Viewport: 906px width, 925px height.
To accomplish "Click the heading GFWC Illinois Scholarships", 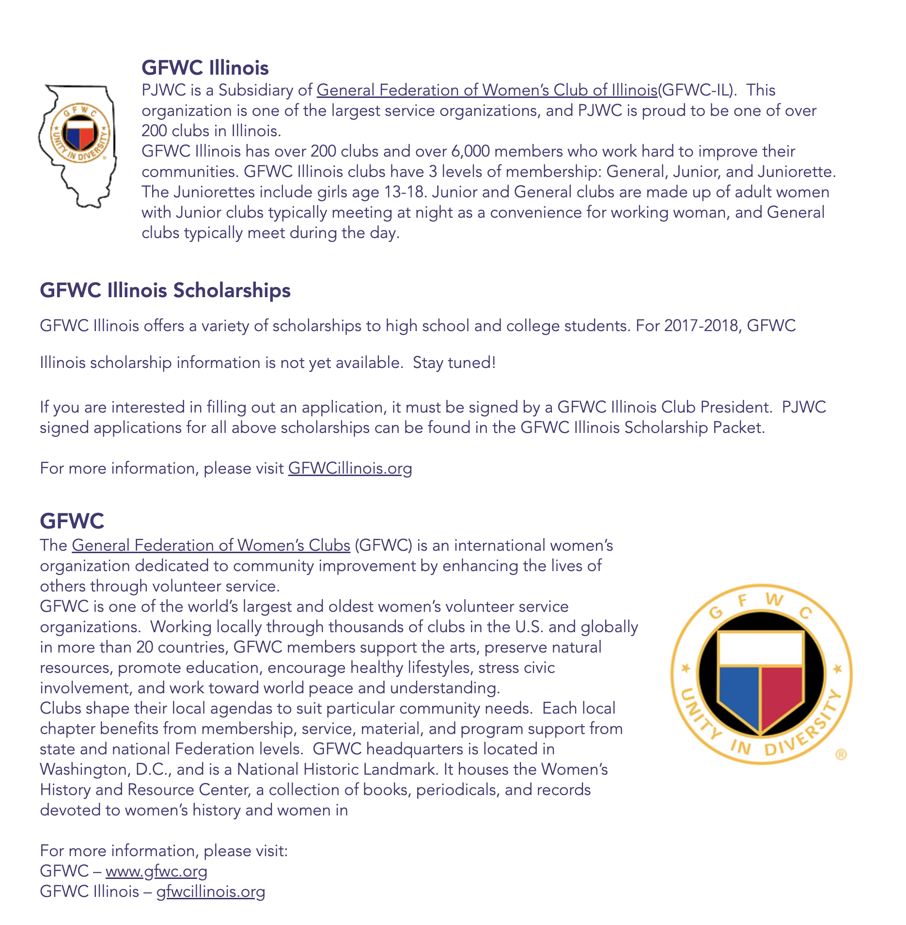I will [x=165, y=290].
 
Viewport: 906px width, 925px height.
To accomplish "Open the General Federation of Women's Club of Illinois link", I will [x=486, y=90].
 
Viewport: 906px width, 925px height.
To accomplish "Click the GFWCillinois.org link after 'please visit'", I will [x=350, y=468].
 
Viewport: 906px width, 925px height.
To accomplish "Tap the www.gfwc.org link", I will [x=156, y=871].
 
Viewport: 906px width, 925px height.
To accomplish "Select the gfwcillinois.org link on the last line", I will [x=210, y=892].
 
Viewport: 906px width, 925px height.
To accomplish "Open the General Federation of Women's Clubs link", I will [x=211, y=545].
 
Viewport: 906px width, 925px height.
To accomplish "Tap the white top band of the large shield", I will [x=761, y=649].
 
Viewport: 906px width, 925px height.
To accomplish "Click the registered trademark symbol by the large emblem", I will [x=841, y=755].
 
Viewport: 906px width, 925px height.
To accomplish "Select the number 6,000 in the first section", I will [x=470, y=151].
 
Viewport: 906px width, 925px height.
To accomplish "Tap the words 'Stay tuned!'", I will [x=454, y=363].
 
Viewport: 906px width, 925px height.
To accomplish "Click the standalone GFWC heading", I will [x=72, y=521].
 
